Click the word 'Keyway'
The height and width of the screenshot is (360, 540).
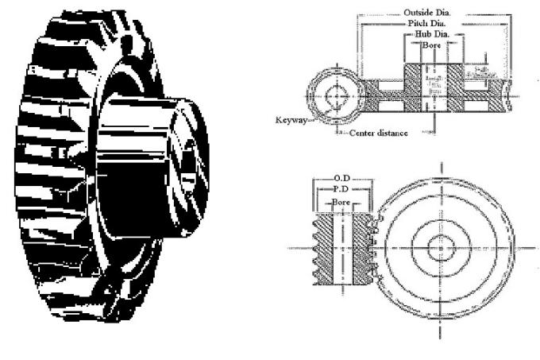pos(292,121)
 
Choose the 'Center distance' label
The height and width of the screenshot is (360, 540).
pos(380,133)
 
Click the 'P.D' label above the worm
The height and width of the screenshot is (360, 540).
pos(343,191)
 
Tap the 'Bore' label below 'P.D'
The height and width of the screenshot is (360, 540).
pos(343,204)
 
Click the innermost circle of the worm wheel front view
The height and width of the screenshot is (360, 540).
pos(440,248)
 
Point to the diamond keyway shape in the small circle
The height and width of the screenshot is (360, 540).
pos(337,95)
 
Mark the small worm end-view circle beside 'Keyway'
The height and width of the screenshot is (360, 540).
pos(337,95)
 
